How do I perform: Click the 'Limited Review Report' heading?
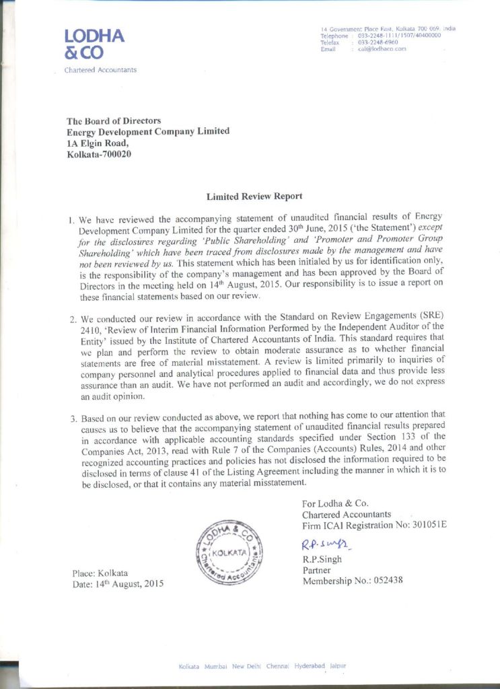(x=254, y=196)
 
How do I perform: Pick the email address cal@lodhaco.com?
(x=382, y=50)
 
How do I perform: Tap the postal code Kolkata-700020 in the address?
(x=98, y=154)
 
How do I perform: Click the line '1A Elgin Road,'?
(x=93, y=143)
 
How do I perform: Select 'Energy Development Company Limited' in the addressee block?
(x=148, y=131)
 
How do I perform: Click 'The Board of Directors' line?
(x=114, y=120)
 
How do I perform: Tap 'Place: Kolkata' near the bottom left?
(x=100, y=573)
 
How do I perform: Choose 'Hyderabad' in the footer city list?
(x=310, y=665)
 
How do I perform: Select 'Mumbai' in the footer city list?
(x=215, y=665)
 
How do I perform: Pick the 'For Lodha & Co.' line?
(x=335, y=503)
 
